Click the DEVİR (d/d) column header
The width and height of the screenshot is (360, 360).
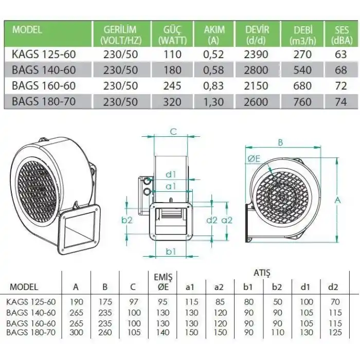click(x=257, y=34)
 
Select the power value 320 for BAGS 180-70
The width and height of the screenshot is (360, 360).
click(x=172, y=101)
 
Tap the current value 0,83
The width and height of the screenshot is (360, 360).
click(x=213, y=86)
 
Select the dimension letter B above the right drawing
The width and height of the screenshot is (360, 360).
click(x=281, y=142)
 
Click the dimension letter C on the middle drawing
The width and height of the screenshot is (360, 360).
click(x=173, y=132)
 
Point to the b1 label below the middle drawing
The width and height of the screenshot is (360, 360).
click(x=172, y=251)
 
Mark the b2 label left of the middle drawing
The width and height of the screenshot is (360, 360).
click(x=128, y=220)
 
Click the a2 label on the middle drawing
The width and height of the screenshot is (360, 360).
click(x=227, y=220)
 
